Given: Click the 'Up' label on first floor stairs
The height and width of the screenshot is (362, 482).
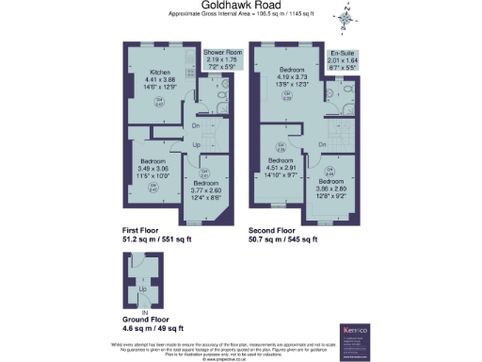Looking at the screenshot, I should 196,145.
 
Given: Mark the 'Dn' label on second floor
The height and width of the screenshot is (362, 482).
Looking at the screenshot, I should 322,144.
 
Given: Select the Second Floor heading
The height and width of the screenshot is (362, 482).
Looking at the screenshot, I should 273,230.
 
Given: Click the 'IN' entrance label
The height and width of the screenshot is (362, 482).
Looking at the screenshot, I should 144,309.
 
